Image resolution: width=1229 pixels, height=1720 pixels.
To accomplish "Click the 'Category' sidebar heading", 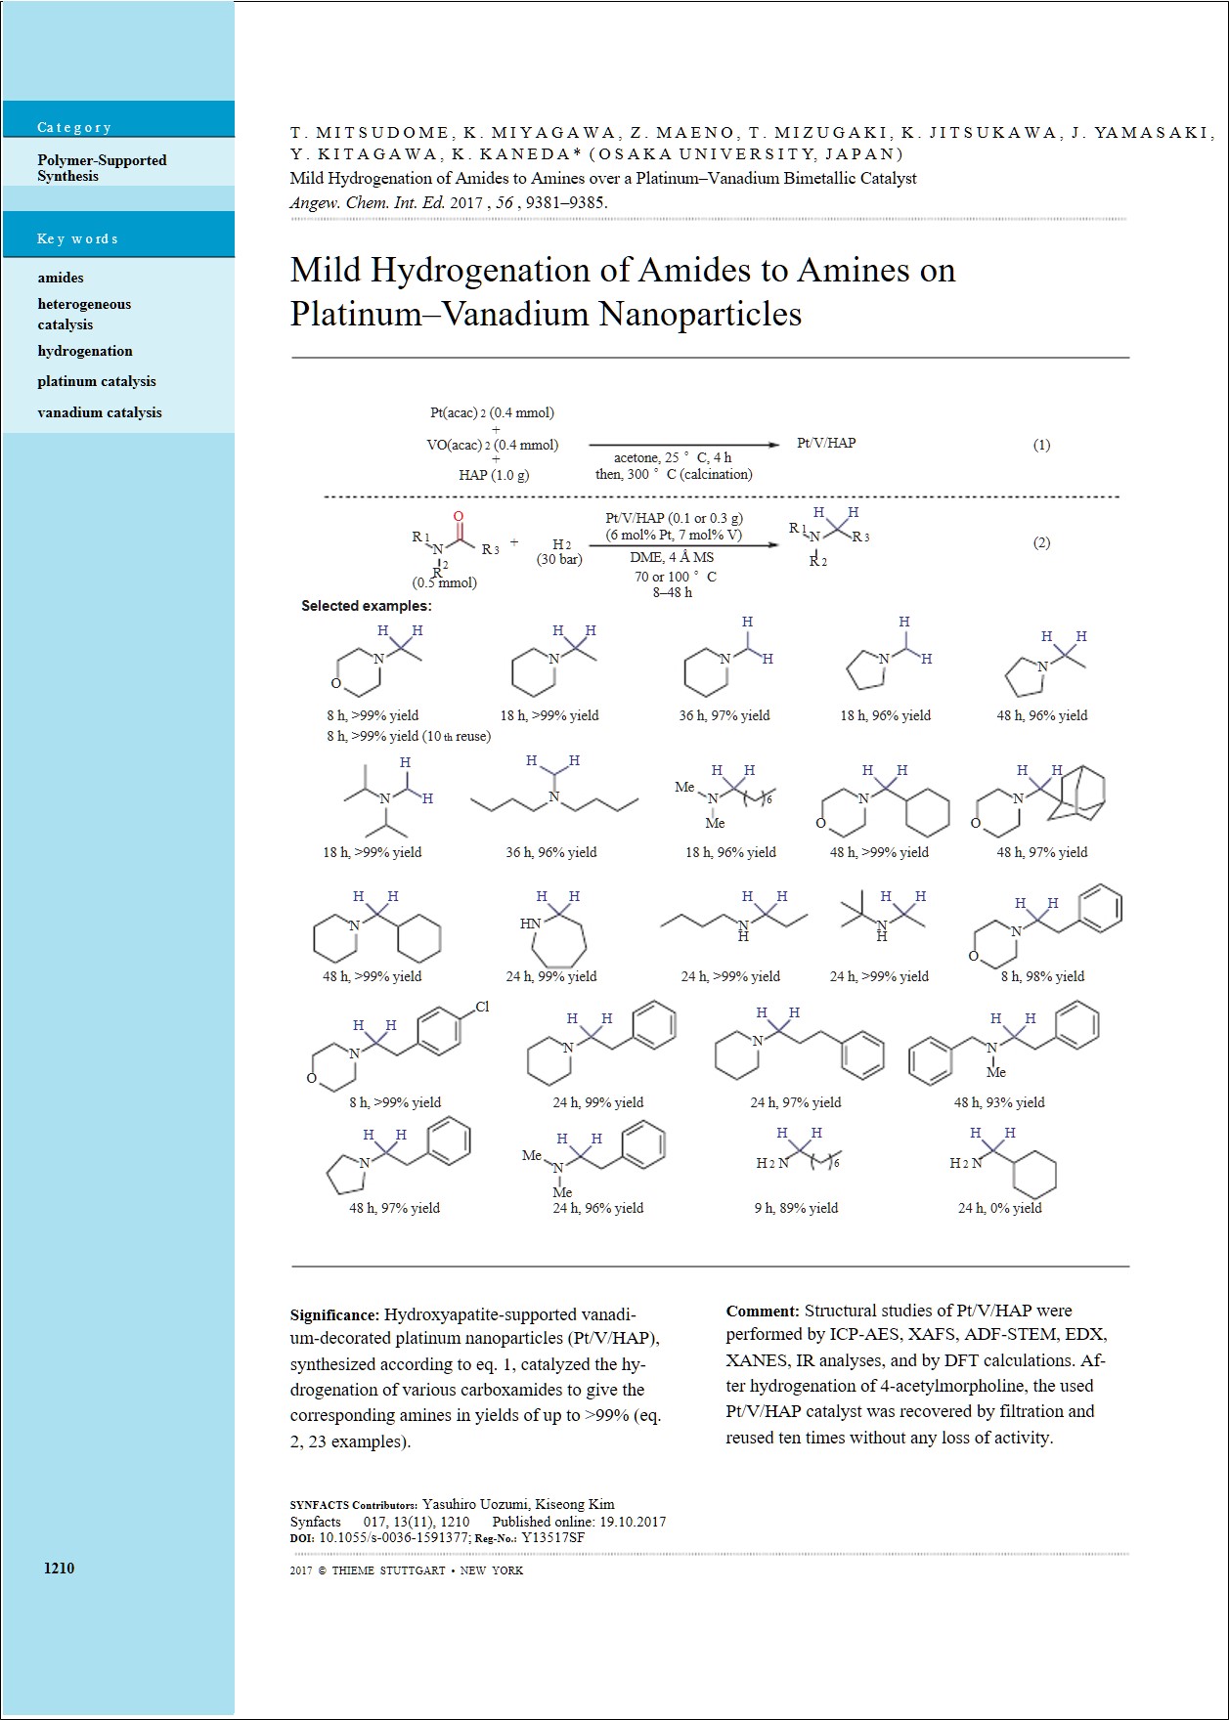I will pos(74,127).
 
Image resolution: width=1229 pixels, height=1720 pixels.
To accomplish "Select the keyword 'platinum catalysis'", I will pos(97,381).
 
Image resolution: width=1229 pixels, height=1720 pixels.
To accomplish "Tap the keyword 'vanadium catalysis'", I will pos(100,412).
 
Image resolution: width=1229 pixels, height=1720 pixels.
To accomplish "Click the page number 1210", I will pos(59,1568).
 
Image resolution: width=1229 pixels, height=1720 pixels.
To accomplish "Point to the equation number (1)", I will pos(1041,445).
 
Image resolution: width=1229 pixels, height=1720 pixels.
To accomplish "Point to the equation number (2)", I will pos(1041,542).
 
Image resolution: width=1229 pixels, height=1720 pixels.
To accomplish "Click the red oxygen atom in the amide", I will pos(459,517).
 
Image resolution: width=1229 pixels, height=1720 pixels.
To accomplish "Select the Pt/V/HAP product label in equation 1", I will pos(826,443).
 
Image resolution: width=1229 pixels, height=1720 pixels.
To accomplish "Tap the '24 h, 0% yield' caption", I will pos(999,1208).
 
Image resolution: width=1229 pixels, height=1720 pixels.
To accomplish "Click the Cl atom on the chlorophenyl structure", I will pos(481,1007).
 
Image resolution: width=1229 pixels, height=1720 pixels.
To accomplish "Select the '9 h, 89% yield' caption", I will pos(796,1208).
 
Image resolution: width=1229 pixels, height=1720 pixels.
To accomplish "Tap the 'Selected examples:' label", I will pos(366,606).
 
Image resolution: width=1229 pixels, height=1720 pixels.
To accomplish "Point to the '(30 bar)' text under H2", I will pos(559,560).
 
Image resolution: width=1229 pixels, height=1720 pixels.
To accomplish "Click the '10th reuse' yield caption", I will pos(409,736).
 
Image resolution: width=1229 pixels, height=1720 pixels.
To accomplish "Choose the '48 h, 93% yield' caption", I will pos(999,1102).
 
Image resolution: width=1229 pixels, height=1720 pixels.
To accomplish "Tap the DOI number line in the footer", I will pos(437,1537).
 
